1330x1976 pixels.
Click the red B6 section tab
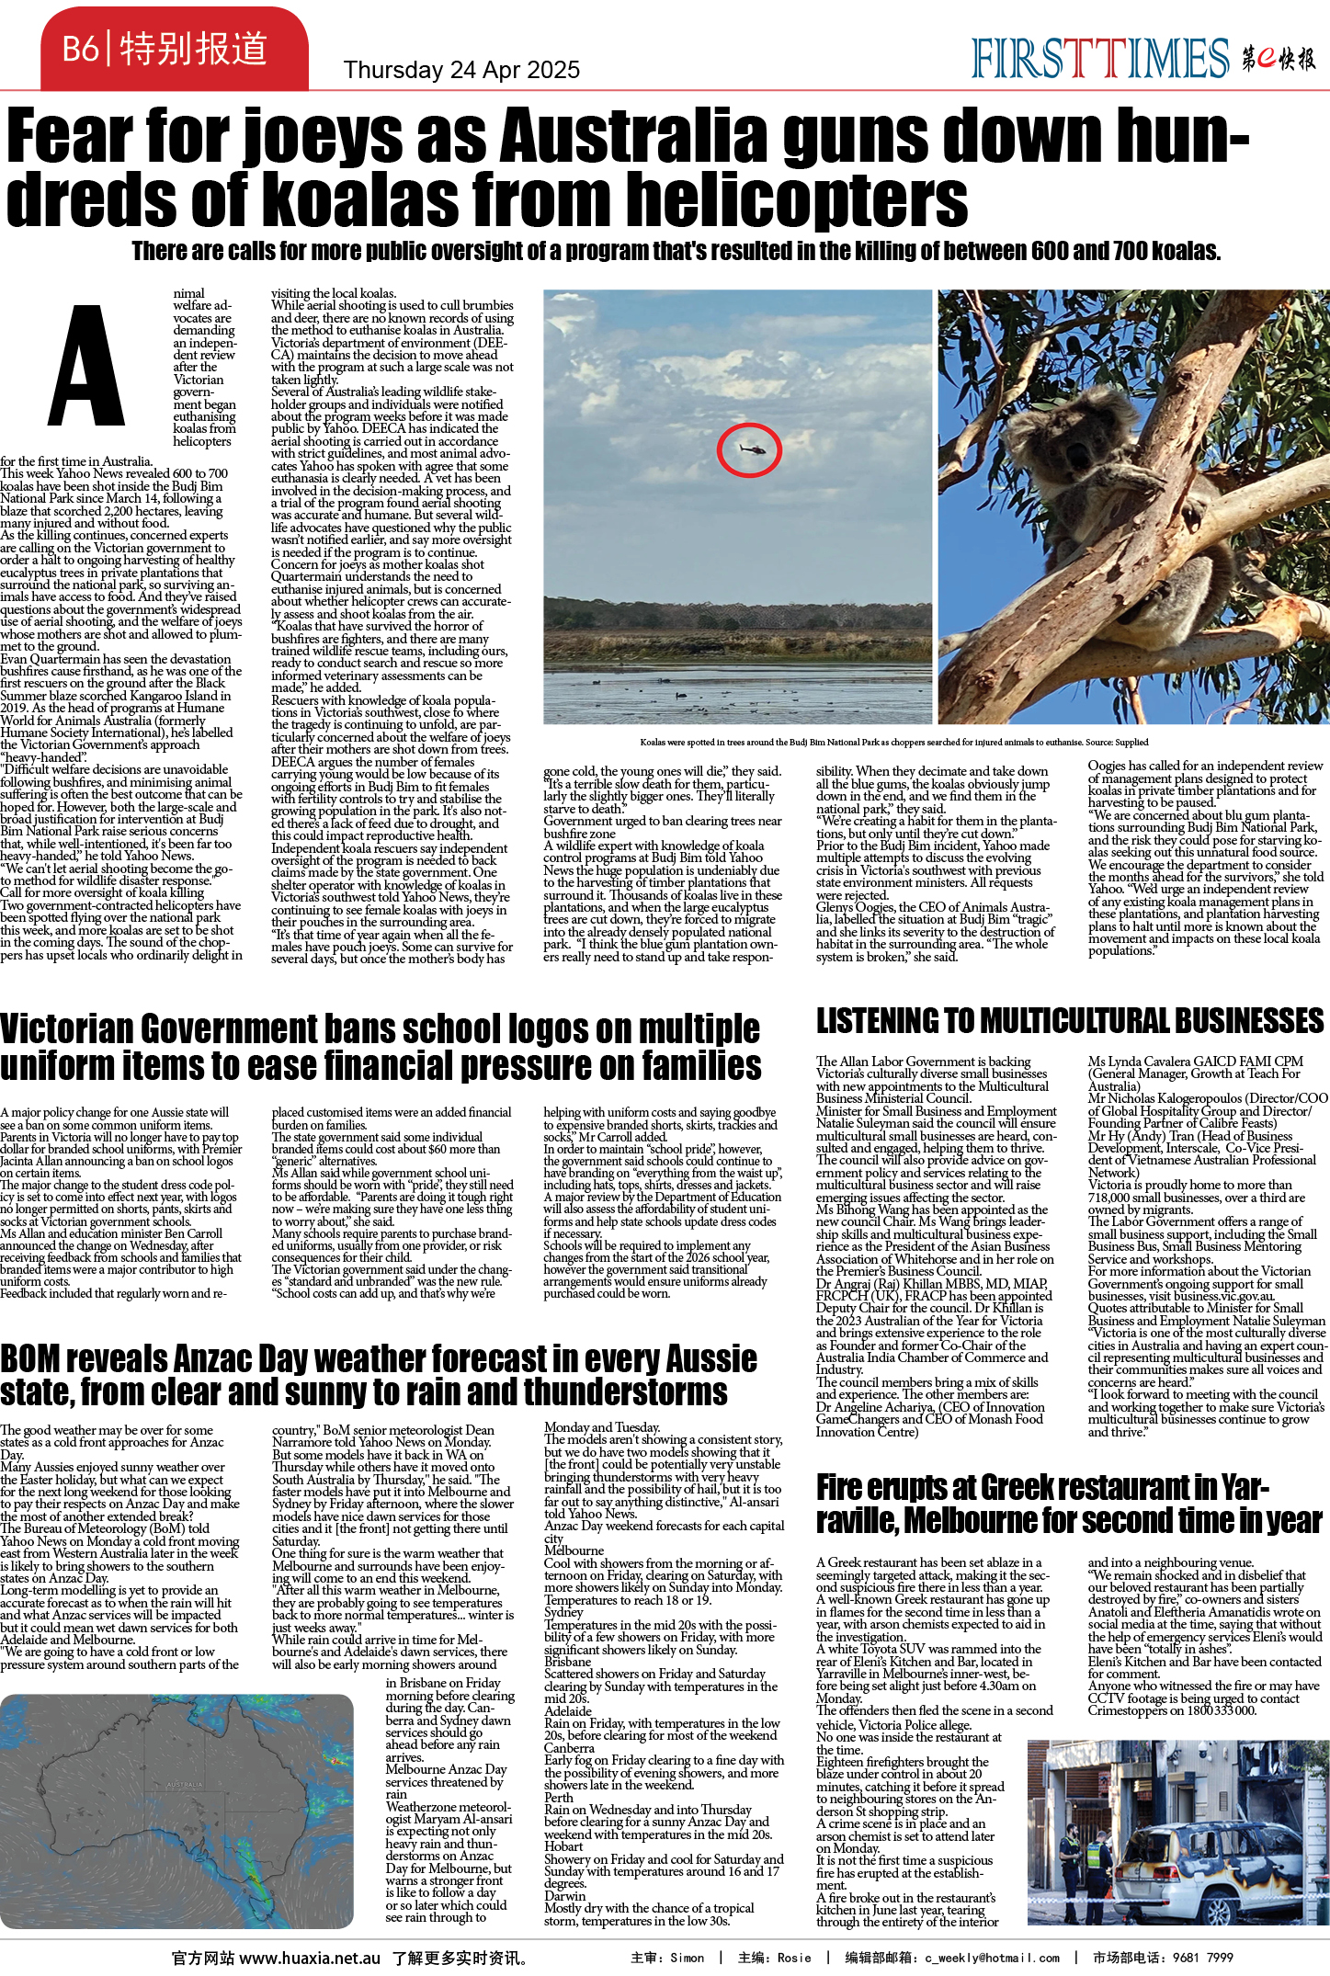(x=174, y=48)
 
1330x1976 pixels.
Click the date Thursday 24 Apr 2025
(x=461, y=70)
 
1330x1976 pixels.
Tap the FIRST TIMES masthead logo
(x=1099, y=59)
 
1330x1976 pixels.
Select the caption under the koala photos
(x=893, y=743)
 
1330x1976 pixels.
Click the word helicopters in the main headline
(x=799, y=199)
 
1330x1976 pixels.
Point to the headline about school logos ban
(x=381, y=1048)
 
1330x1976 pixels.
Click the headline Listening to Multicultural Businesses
(x=1070, y=1021)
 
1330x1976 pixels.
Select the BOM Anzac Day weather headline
(x=378, y=1375)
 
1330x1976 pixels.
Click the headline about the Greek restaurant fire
(x=1068, y=1504)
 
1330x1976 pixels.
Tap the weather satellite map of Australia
(x=176, y=1811)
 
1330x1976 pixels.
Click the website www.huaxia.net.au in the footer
(x=310, y=1958)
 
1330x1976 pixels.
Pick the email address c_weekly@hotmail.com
(x=992, y=1958)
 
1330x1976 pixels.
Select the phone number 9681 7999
(x=1201, y=1958)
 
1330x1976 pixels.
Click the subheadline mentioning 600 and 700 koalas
(x=676, y=251)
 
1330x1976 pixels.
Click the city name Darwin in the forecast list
(x=564, y=1896)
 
